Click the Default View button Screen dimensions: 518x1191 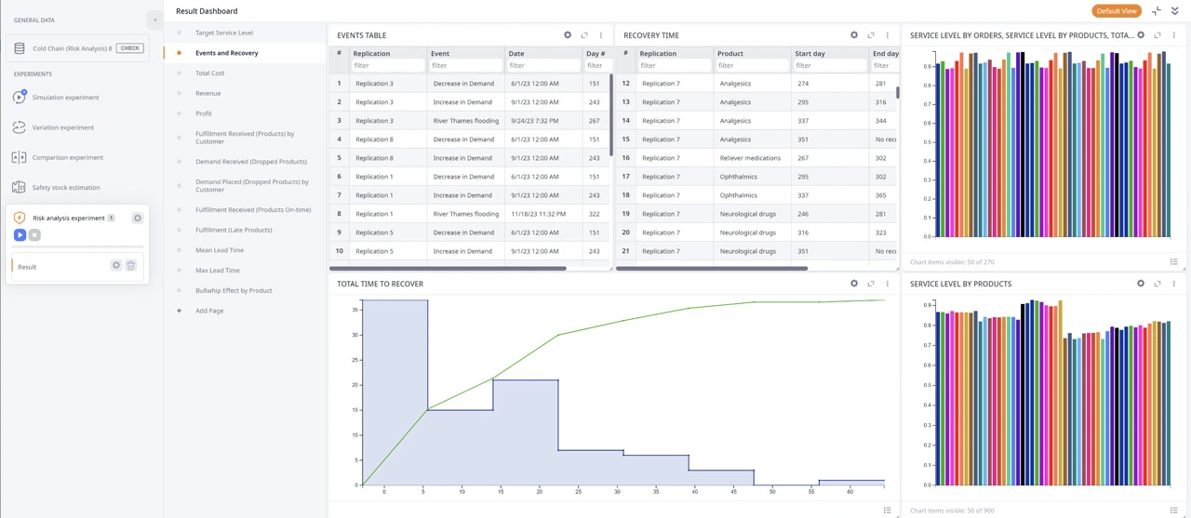coord(1116,11)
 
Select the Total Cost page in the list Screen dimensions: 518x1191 coord(210,73)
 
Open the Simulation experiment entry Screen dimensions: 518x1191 coord(65,98)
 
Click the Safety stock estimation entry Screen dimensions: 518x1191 coord(65,188)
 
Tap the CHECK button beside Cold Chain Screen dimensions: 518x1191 coord(130,48)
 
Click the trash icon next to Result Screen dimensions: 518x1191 coord(131,266)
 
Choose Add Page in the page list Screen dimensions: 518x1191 coord(209,311)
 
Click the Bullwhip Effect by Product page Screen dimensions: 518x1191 coord(234,290)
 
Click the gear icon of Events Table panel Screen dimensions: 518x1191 coord(568,35)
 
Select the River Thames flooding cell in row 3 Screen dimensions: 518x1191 coord(466,121)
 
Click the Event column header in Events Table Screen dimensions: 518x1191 coord(440,54)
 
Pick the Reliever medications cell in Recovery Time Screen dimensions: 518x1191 coord(750,158)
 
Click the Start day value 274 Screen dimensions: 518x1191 coord(803,84)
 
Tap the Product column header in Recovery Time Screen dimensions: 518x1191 coord(730,54)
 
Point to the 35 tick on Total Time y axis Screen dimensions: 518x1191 coord(355,310)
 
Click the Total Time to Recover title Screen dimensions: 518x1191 coord(380,284)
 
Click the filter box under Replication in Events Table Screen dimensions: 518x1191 coord(386,66)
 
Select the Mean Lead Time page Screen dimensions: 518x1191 coord(220,250)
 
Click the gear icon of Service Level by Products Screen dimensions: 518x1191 coord(1141,284)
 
